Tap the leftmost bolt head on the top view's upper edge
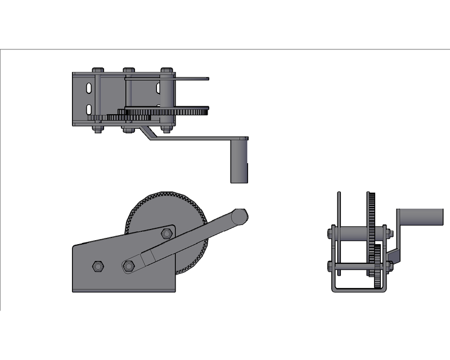[x=97, y=70]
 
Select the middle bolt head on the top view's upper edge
[x=129, y=70]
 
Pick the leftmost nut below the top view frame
[x=97, y=130]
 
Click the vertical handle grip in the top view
[x=239, y=161]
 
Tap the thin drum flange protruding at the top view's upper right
[x=191, y=79]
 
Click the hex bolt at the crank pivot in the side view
[x=129, y=265]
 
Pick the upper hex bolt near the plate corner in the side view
[x=166, y=233]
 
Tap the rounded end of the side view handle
[x=240, y=215]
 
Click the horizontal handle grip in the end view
[x=422, y=217]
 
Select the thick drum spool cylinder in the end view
[x=352, y=232]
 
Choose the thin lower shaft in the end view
[x=352, y=265]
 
